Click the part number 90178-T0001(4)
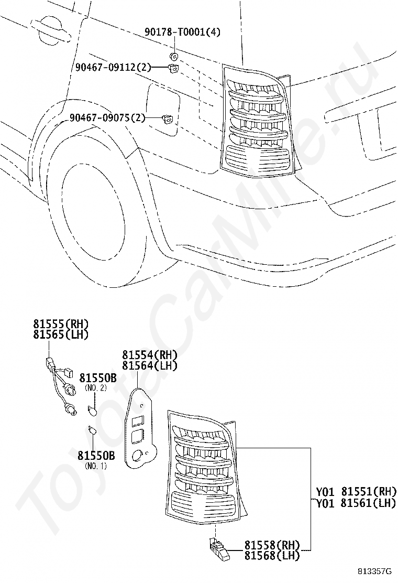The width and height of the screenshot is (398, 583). coord(182,33)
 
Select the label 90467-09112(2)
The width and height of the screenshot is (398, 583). coord(113,67)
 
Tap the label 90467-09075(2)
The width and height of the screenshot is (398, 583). coord(107,117)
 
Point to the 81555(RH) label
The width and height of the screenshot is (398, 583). coord(61,323)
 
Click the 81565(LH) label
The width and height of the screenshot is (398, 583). coord(61,334)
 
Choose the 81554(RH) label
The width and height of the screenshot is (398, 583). coord(150,355)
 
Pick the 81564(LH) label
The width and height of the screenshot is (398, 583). coord(150,365)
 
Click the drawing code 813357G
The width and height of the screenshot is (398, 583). coord(375,571)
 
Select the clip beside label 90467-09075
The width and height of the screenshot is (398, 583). coord(169,120)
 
